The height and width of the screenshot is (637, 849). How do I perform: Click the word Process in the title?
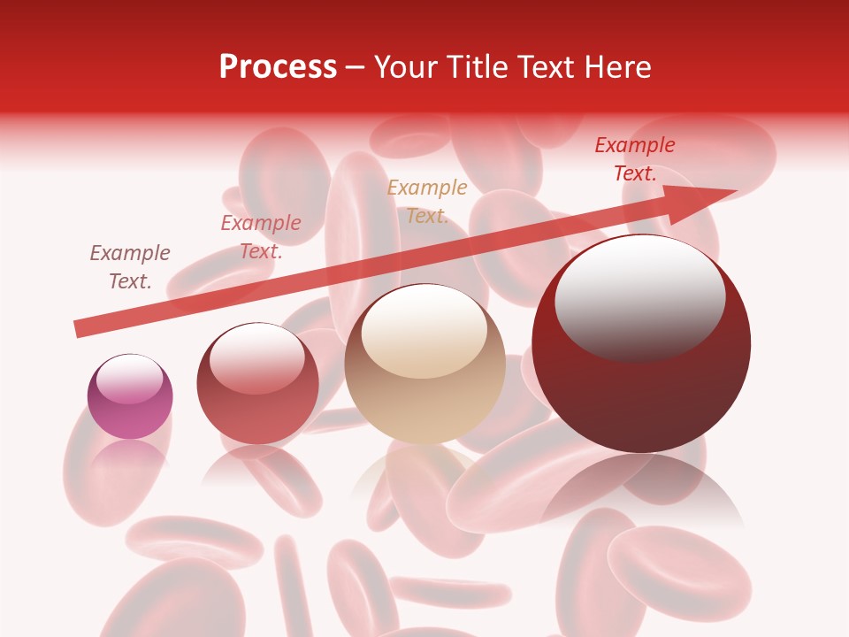(x=278, y=67)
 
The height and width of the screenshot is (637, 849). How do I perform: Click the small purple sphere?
(x=130, y=397)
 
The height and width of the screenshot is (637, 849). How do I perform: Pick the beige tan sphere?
(x=424, y=365)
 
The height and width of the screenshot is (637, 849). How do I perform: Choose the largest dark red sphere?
(x=641, y=344)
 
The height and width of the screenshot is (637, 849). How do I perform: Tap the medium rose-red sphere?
(x=257, y=384)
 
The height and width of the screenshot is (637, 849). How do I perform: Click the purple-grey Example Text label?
(x=130, y=267)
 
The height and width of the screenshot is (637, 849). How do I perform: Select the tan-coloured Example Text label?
(x=427, y=201)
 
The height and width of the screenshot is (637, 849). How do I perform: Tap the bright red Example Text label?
(x=635, y=159)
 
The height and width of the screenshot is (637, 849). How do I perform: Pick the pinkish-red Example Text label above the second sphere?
(x=261, y=237)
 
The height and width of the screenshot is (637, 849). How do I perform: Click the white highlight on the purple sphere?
(x=130, y=379)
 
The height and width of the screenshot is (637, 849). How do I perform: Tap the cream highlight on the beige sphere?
(x=424, y=332)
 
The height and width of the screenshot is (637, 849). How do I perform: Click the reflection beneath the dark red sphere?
(x=642, y=491)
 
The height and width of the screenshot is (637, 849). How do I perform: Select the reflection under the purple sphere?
(x=130, y=456)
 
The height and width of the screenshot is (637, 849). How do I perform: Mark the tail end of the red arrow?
(x=80, y=329)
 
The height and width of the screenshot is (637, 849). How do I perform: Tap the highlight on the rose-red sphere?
(x=257, y=357)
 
